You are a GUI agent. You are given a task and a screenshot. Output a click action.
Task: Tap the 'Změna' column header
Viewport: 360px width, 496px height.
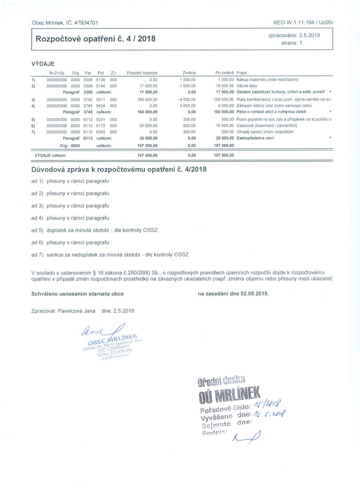[189, 73]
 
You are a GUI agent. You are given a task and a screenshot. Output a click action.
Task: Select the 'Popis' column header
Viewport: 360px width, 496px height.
[242, 73]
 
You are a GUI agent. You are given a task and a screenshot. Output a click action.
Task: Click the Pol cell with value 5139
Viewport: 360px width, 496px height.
[100, 80]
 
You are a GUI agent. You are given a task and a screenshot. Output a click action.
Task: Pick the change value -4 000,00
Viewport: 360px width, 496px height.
[187, 99]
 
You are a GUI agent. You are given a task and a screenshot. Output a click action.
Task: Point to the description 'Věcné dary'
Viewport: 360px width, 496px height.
[247, 86]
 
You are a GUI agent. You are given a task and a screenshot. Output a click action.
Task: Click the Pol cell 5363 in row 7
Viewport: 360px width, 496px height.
[100, 132]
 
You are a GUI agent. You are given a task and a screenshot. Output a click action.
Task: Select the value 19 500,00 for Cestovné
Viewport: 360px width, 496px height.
[224, 126]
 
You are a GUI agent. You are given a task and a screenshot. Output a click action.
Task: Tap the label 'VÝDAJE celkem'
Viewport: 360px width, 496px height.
[50, 155]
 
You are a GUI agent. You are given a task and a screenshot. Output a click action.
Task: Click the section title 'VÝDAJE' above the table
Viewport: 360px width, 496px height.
[43, 64]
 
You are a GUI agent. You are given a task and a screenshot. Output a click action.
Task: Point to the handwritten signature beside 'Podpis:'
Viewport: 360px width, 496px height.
[245, 437]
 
